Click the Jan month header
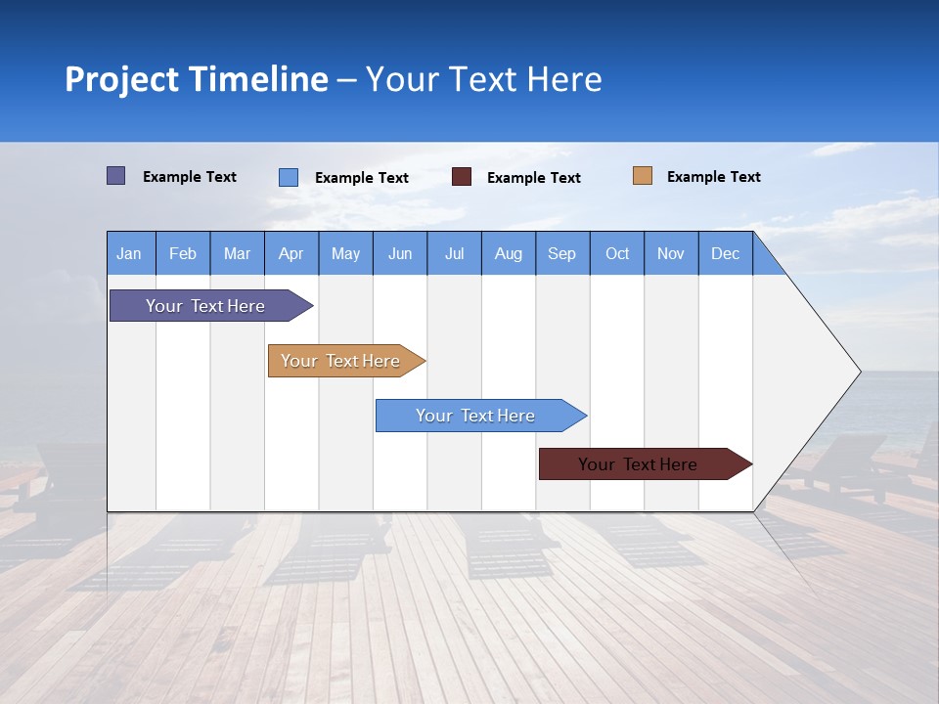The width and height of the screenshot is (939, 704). point(129,253)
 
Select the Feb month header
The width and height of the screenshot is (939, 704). point(183,253)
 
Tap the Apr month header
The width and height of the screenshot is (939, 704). point(291,253)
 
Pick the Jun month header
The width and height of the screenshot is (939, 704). point(399,253)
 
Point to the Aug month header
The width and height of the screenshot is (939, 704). point(508,253)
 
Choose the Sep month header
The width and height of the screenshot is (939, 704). point(561,253)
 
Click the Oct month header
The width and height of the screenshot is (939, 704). point(617,253)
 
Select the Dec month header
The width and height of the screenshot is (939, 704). point(725,253)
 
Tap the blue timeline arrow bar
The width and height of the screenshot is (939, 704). point(476,416)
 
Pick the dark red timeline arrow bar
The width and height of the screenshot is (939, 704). point(639,464)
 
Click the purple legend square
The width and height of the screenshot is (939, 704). point(115,176)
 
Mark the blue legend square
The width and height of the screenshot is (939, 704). point(288,177)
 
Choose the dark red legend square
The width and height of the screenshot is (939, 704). point(462,177)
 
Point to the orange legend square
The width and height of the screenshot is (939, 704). point(642,176)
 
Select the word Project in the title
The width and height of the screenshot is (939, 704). point(121,79)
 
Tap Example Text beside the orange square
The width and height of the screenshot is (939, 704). point(713,177)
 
